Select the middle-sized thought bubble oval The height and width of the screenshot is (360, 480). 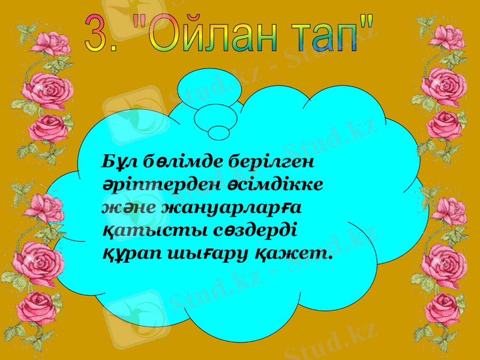coord(212,116)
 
